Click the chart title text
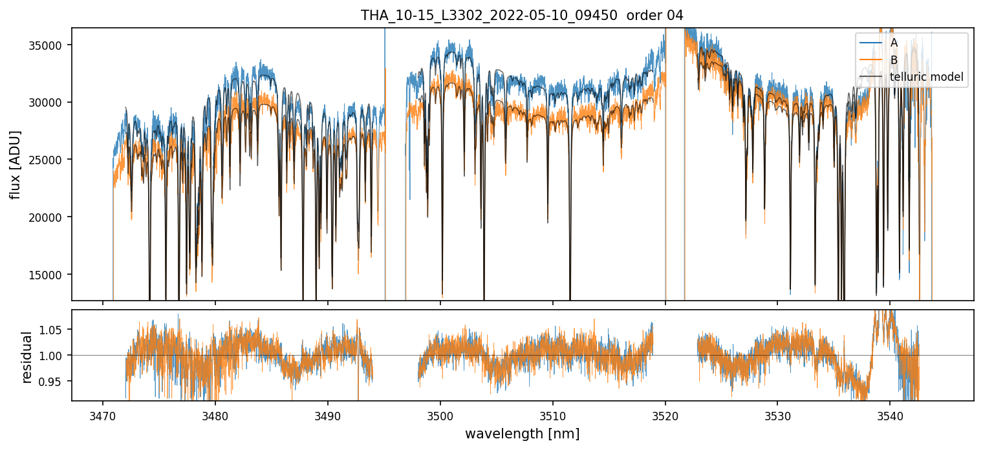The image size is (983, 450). (522, 16)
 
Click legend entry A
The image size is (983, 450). (894, 43)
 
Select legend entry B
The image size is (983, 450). (894, 60)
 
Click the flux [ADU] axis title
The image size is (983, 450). (16, 164)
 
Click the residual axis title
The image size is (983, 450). (27, 357)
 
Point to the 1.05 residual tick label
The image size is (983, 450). (53, 330)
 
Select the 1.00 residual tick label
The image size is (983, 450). (53, 356)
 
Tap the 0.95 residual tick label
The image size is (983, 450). (53, 381)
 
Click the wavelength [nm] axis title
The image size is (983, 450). (522, 434)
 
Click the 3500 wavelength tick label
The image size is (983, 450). (440, 414)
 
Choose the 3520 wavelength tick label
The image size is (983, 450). (665, 414)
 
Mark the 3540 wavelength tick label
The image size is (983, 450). (890, 414)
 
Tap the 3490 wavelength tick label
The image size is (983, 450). (328, 414)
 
